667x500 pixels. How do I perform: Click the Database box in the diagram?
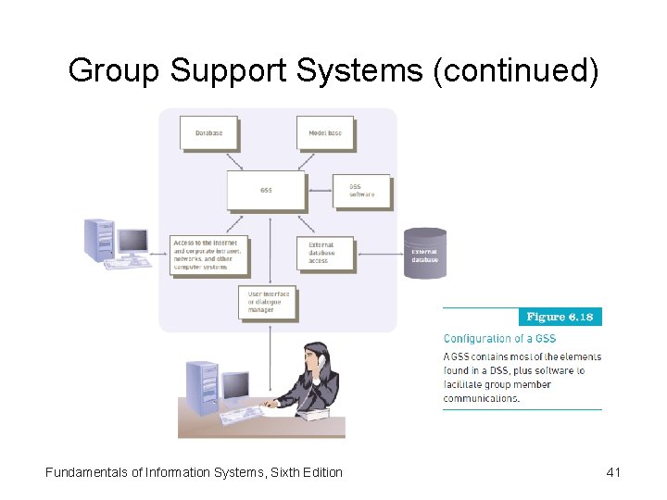(208, 132)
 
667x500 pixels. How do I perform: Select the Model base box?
(325, 132)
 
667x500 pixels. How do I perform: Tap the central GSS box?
(266, 190)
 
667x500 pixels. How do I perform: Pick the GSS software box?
(362, 191)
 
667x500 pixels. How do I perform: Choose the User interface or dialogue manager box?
(269, 302)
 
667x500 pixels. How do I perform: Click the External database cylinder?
(425, 253)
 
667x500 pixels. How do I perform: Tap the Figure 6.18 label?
(560, 317)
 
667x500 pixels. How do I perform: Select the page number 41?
(612, 472)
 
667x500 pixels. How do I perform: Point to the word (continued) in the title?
(515, 70)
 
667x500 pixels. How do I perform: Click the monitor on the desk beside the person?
(235, 385)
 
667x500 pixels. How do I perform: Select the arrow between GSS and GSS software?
(321, 192)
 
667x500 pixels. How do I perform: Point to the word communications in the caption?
(482, 398)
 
